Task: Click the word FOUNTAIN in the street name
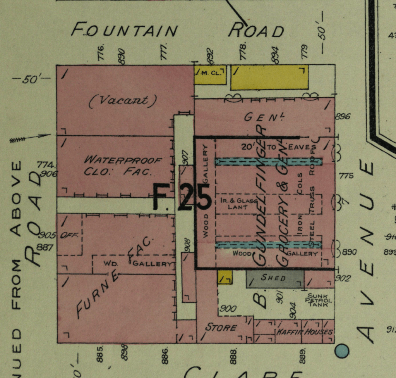124,31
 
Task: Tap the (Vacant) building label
122,101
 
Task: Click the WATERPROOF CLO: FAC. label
123,165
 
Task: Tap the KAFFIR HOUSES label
304,332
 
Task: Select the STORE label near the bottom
221,328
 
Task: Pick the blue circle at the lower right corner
342,351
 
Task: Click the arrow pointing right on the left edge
31,137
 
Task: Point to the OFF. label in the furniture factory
72,235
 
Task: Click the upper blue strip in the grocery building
269,162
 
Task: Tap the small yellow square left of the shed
225,277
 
